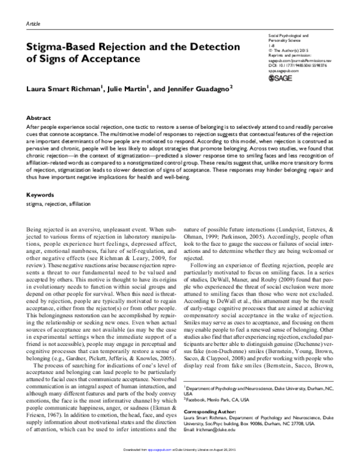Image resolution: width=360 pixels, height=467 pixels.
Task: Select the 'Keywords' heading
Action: tap(40, 178)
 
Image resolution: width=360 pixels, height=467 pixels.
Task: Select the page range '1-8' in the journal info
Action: tap(271, 47)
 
